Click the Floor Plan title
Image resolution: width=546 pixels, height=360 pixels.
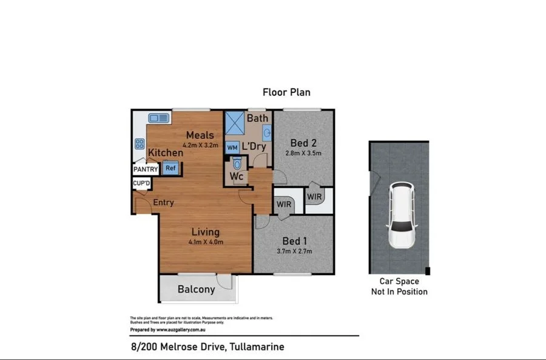(x=286, y=92)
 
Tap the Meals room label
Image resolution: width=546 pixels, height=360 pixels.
(x=200, y=135)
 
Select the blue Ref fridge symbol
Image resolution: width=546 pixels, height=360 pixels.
(x=170, y=168)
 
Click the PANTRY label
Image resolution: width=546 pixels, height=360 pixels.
(x=146, y=169)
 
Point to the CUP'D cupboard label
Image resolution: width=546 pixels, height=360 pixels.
(x=141, y=183)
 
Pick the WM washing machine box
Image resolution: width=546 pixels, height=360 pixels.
(x=232, y=148)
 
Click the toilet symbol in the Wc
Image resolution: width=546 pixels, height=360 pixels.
(x=237, y=163)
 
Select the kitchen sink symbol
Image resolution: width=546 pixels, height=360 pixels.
(x=159, y=118)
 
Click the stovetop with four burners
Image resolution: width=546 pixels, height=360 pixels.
(x=140, y=144)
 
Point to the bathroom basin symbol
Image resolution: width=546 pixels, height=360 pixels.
(x=267, y=133)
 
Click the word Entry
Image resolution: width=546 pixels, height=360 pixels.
(x=163, y=203)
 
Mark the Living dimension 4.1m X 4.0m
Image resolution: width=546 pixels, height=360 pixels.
(x=206, y=242)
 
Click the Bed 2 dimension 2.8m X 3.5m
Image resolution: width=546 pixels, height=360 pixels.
(x=305, y=154)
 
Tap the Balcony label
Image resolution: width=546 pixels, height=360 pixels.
(x=196, y=290)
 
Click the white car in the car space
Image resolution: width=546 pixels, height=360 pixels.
(x=401, y=216)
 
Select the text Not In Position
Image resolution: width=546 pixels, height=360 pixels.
(x=399, y=292)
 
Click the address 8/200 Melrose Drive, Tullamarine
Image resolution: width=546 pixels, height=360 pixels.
(x=207, y=347)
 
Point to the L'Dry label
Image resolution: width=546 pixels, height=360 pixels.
(x=254, y=147)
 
